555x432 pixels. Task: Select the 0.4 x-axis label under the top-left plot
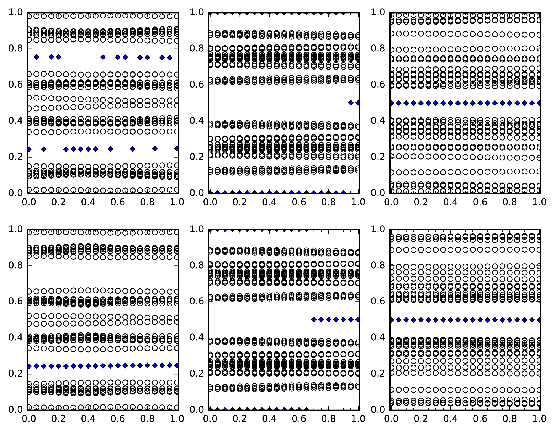pyautogui.click(x=88, y=202)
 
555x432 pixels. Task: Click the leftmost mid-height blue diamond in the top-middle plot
pyautogui.click(x=350, y=103)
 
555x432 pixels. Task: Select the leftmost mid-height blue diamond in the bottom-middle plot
pyautogui.click(x=314, y=319)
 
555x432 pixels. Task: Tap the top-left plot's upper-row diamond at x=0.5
pyautogui.click(x=103, y=57)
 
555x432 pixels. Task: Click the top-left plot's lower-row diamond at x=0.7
pyautogui.click(x=133, y=149)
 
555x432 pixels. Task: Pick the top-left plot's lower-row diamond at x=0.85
pyautogui.click(x=155, y=149)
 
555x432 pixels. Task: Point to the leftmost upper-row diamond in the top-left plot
pyautogui.click(x=36, y=57)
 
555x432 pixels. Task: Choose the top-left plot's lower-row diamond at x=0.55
pyautogui.click(x=110, y=149)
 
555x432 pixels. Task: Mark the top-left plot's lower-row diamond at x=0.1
pyautogui.click(x=44, y=149)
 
